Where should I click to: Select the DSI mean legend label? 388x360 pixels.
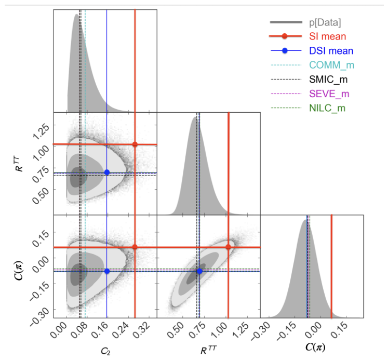click(331, 51)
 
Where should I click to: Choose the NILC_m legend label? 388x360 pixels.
click(327, 108)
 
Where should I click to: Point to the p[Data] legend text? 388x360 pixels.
click(325, 22)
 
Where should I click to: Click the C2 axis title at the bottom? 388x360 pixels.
click(105, 351)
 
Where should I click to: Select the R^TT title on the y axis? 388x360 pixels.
click(19, 164)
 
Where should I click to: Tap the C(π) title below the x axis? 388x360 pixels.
click(315, 347)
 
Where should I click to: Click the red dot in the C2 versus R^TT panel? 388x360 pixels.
click(135, 144)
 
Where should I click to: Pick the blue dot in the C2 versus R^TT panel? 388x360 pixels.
click(107, 172)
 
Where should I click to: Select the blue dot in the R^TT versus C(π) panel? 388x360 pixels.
click(199, 271)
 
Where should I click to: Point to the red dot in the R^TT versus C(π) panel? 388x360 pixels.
click(228, 247)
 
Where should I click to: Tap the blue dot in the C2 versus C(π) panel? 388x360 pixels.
click(107, 271)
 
